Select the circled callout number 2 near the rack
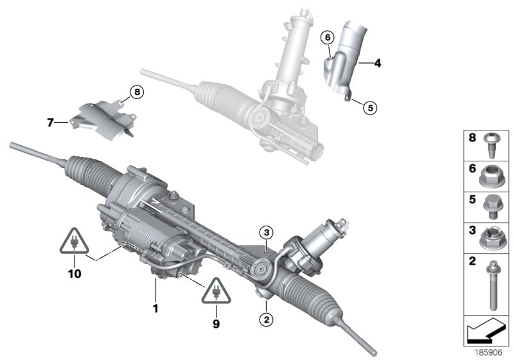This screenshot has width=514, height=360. [267, 318]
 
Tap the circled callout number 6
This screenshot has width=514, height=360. [327, 39]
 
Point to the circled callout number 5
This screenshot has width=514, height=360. [369, 107]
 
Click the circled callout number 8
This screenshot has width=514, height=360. [136, 93]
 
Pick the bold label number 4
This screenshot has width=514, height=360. [377, 63]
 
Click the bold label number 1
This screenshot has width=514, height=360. [154, 308]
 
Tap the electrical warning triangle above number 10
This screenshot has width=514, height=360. [75, 241]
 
